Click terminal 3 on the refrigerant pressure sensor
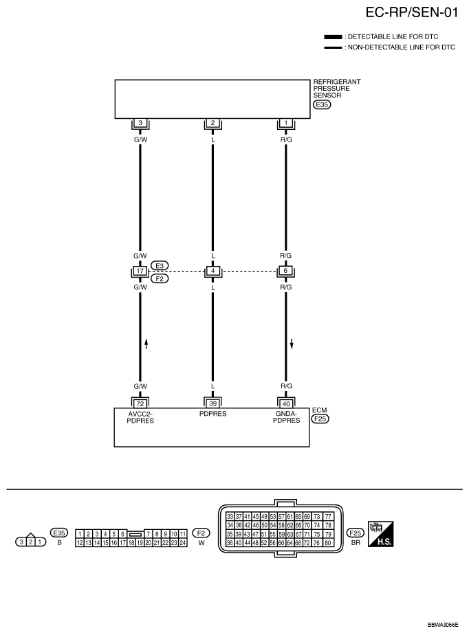click(140, 123)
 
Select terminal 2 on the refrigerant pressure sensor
click(213, 123)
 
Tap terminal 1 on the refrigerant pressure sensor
click(285, 123)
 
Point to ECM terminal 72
click(140, 403)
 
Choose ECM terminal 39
click(213, 403)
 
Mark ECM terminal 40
click(285, 403)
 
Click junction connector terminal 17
click(140, 271)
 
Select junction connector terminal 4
click(213, 271)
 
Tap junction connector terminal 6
click(285, 271)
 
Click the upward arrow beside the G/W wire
click(146, 343)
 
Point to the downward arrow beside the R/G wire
click(292, 343)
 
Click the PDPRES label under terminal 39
click(213, 414)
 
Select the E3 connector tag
click(160, 265)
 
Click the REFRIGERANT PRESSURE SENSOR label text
click(336, 88)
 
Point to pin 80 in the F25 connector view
click(328, 542)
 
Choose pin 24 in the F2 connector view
click(183, 542)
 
